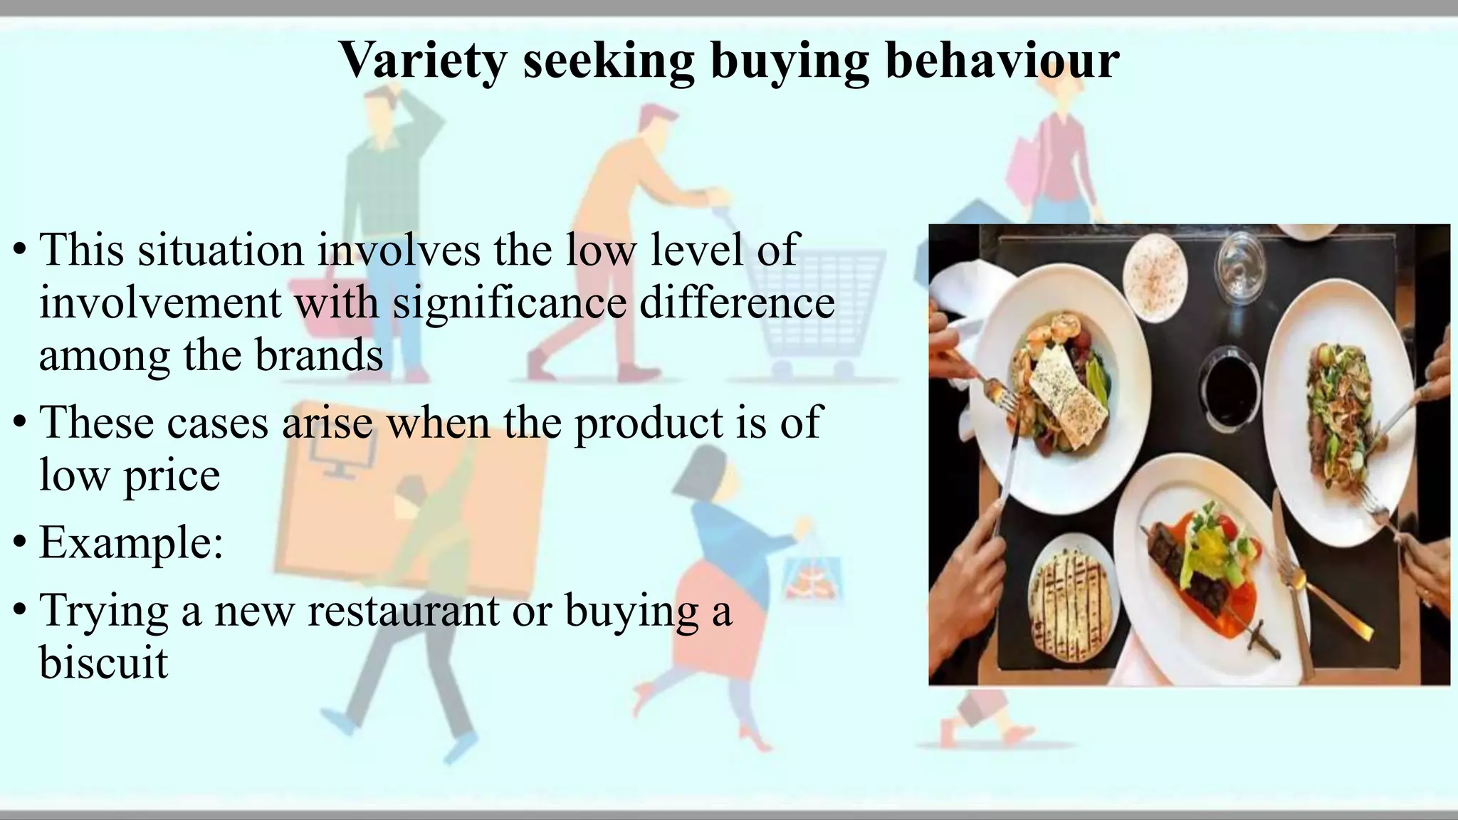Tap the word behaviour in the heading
point(1002,61)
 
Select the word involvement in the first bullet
point(159,303)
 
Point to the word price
point(172,475)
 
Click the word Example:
point(131,542)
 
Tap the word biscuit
point(103,662)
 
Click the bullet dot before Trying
point(20,611)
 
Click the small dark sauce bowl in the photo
point(1229,388)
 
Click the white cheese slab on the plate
point(1069,388)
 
